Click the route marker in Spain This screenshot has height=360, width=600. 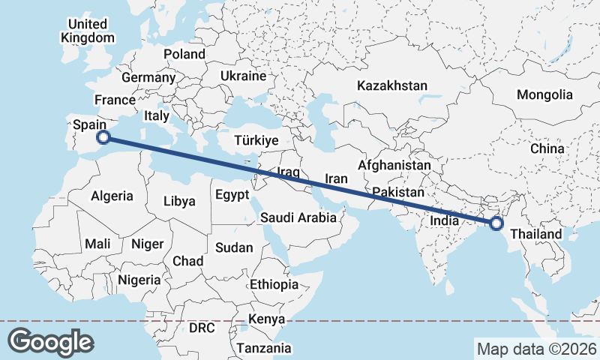click(x=104, y=137)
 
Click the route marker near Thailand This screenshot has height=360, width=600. click(x=496, y=223)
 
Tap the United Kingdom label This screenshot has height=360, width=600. click(x=88, y=31)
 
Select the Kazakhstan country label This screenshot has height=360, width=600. click(x=392, y=85)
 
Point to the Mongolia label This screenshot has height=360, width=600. click(x=544, y=95)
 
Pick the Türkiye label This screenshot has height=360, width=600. click(x=256, y=140)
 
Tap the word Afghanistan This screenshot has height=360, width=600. click(x=394, y=165)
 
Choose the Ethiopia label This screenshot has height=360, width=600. click(x=274, y=284)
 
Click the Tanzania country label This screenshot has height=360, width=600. click(x=263, y=348)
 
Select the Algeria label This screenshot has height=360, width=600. click(x=112, y=196)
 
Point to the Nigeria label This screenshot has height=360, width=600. click(x=139, y=280)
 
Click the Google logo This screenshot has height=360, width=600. click(x=50, y=342)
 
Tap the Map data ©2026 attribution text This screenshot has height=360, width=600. click(x=536, y=349)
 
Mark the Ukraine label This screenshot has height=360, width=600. click(x=244, y=76)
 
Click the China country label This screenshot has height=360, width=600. click(x=547, y=148)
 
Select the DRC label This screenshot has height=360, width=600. click(x=202, y=328)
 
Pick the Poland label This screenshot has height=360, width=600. click(x=184, y=54)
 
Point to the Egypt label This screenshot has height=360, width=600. click(x=231, y=195)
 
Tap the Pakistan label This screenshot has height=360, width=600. click(x=397, y=193)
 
